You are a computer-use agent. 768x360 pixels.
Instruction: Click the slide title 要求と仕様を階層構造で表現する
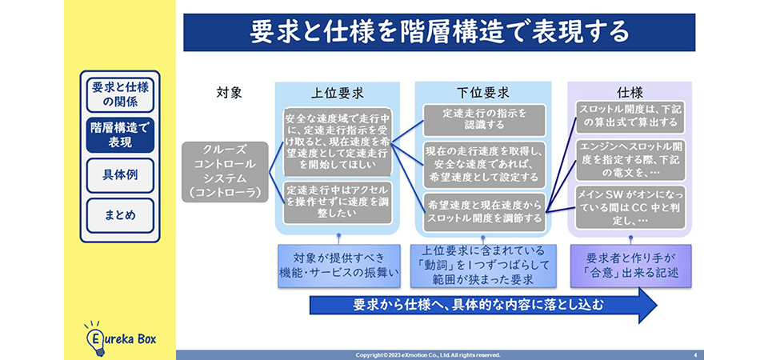coord(439,32)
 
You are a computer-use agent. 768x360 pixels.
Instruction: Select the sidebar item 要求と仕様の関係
coord(120,94)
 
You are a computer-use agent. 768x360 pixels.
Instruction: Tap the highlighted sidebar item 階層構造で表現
coord(120,134)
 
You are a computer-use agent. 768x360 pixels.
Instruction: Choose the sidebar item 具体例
coord(120,175)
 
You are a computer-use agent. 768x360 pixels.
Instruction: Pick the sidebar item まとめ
coord(120,215)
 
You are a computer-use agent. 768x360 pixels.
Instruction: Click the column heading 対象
coord(229,93)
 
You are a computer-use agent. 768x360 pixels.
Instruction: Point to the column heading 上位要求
coord(338,93)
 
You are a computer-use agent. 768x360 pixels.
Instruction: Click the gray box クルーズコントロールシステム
coord(224,171)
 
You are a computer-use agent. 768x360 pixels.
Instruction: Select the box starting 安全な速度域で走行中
coord(338,141)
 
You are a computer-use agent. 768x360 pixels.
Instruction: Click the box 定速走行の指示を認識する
coord(484,119)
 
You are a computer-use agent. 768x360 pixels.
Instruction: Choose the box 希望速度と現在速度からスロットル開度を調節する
coord(484,210)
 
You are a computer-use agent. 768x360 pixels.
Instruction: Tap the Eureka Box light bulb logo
coord(94,336)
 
